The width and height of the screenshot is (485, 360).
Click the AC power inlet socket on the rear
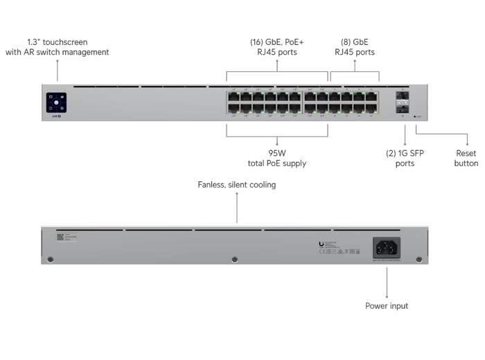click(387, 247)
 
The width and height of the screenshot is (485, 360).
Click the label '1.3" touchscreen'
click(58, 42)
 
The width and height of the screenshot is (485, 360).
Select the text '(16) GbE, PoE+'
click(277, 42)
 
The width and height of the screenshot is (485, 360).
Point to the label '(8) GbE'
click(355, 42)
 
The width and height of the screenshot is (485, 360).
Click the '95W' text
click(277, 153)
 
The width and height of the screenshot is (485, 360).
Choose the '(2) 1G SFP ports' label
click(405, 159)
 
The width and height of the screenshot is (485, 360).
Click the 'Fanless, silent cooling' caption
click(236, 185)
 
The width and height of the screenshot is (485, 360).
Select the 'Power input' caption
click(387, 305)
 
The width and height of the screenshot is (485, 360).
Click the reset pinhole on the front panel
click(415, 116)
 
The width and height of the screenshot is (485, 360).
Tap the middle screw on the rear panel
click(234, 260)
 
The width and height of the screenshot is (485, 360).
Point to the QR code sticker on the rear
click(60, 237)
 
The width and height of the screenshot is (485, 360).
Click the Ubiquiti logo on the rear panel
click(321, 244)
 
